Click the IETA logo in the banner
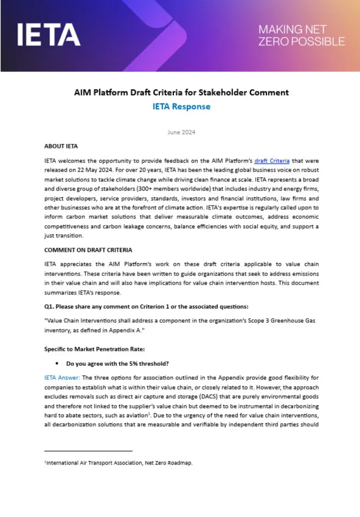click(x=49, y=34)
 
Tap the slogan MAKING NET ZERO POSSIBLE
click(x=301, y=35)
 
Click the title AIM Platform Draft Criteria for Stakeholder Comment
click(x=181, y=93)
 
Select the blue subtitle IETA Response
click(x=181, y=106)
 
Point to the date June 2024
click(x=181, y=132)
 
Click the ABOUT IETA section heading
click(x=61, y=146)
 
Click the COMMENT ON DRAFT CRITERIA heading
click(x=88, y=250)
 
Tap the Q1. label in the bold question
click(x=50, y=306)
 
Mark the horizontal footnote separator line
click(x=88, y=451)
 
